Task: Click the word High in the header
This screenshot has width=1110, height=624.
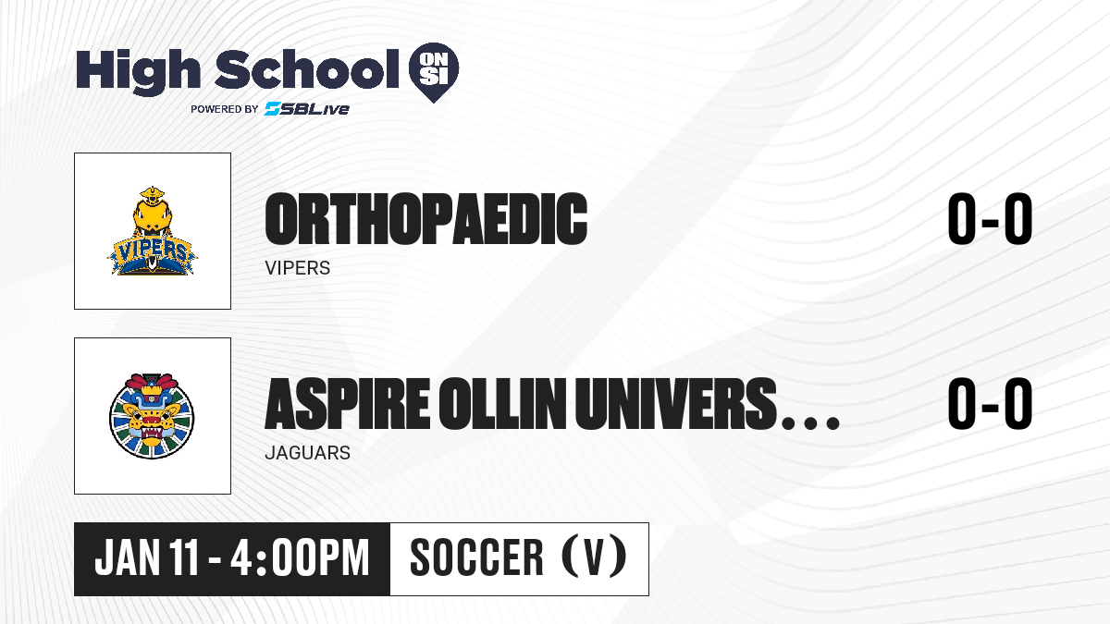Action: coord(138,71)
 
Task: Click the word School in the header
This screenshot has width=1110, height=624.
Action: coord(307,69)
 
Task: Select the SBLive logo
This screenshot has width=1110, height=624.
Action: coord(307,108)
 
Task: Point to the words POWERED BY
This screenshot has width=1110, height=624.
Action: coord(225,109)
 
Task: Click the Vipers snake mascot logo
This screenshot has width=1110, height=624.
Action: coord(152,231)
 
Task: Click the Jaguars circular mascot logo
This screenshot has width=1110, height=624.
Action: coord(152,416)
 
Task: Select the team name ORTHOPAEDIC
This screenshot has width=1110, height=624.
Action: coord(426,219)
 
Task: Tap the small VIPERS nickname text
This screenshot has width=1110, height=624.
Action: coord(297,268)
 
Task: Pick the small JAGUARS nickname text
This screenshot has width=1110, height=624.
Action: coord(308,453)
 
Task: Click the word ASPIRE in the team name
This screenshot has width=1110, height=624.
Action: coord(348,404)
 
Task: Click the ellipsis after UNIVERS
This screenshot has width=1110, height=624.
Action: coord(810,422)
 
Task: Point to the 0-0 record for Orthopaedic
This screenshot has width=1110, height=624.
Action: coord(990,219)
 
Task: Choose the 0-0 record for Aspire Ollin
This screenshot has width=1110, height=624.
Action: coord(990,404)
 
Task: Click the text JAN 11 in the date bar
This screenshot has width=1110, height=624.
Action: coord(147,558)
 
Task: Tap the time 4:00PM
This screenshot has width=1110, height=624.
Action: coord(300,558)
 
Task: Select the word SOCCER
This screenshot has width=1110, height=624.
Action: coord(476,558)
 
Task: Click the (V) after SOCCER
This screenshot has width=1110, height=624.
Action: coord(594,557)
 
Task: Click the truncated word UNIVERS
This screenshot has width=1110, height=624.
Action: coord(675,404)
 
